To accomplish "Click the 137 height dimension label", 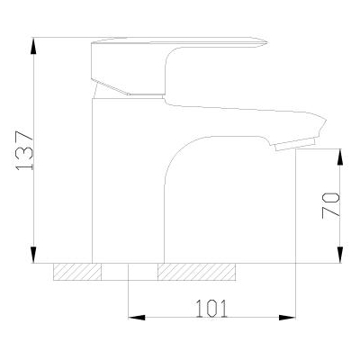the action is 24,150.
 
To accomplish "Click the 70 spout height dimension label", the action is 331,205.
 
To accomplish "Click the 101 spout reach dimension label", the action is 211,308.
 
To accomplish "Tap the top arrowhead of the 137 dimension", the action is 34,46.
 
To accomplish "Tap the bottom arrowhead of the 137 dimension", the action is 34,255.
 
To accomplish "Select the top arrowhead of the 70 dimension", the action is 340,157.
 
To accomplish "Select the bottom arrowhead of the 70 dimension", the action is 340,255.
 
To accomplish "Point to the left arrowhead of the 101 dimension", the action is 137,318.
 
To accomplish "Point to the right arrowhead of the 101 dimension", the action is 287,318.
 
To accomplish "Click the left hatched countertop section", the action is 77,272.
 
